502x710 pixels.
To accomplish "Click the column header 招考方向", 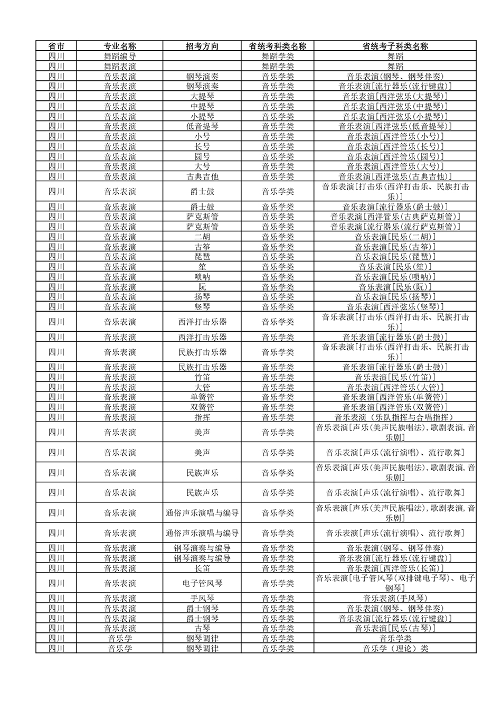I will coord(202,46).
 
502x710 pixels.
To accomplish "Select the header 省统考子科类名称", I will coord(395,46).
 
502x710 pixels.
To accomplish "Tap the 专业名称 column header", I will coord(120,46).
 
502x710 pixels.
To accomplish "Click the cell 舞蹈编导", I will coord(120,56).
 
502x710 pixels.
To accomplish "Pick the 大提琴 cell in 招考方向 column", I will coord(202,96).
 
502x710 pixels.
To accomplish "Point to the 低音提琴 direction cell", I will coord(202,126).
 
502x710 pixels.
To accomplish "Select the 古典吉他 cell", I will coord(202,176).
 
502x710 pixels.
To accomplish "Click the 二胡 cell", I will coord(202,237).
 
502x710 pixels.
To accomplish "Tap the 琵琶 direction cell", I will coord(202,257).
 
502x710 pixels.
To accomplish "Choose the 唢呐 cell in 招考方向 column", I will coord(202,277).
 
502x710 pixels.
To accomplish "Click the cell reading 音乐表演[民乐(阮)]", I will coord(395,287).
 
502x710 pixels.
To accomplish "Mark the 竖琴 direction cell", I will coord(202,307).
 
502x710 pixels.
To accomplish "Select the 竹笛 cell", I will coord(202,377).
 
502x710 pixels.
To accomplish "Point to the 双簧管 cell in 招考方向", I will coord(202,407).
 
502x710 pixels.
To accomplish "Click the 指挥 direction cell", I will coord(202,417).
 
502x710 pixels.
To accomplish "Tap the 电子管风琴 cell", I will coord(202,583).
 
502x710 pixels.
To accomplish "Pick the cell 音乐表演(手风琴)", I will coord(395,599).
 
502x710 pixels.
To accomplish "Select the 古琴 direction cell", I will coord(202,629).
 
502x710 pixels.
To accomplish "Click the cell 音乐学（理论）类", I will coord(395,649).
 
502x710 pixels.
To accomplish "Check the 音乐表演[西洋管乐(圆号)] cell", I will coord(395,156).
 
